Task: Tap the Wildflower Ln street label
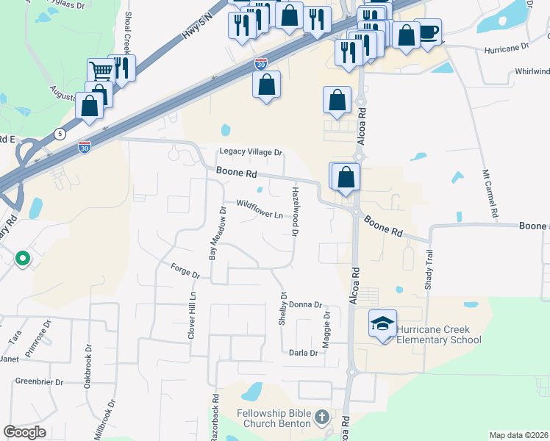(x=260, y=209)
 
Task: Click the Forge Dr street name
(x=185, y=270)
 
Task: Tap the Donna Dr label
(x=306, y=304)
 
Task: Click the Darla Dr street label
(x=303, y=353)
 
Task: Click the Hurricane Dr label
(x=507, y=47)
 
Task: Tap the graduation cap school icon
(x=382, y=323)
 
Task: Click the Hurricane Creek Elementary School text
(x=439, y=334)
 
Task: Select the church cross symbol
(x=321, y=417)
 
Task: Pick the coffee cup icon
(x=428, y=32)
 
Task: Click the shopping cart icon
(x=101, y=71)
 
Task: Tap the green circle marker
(x=23, y=258)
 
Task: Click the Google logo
(x=24, y=432)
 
